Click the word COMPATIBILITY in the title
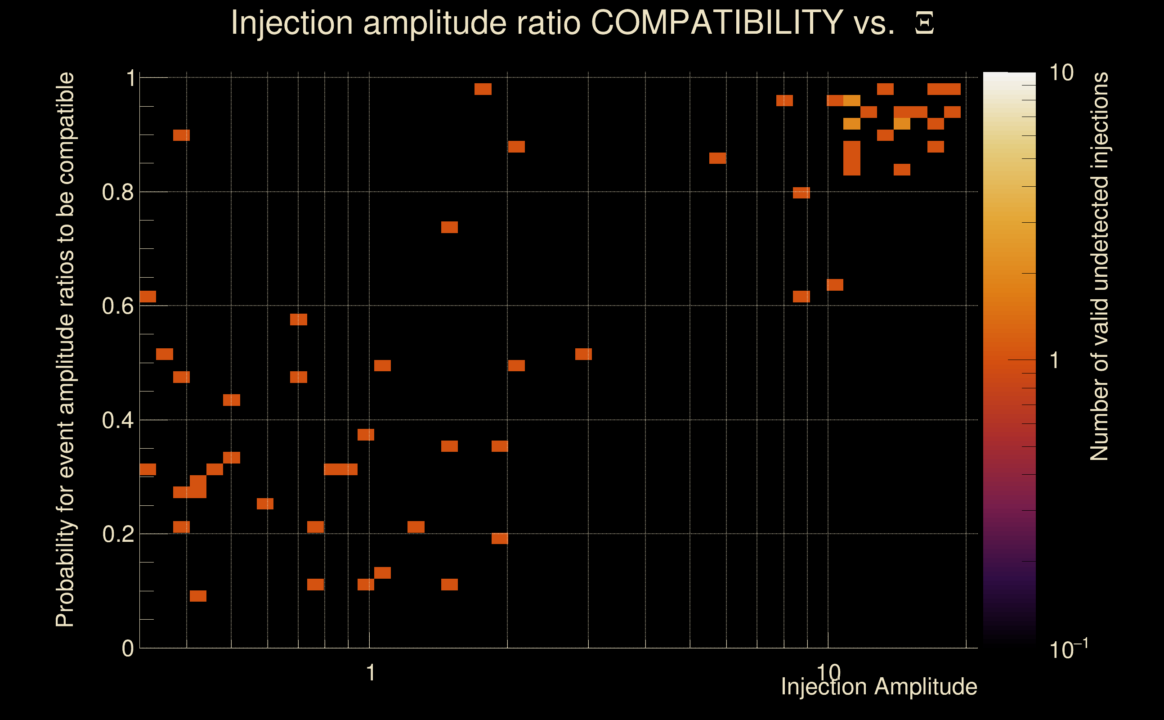716,23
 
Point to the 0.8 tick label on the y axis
117,193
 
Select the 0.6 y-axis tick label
117,306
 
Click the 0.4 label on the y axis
117,420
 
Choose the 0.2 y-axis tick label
117,534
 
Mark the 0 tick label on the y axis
128,648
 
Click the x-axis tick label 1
371,673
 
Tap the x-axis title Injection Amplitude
879,687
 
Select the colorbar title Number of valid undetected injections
1099,267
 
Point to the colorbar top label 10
1061,73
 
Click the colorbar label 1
1055,360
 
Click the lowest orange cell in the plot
198,596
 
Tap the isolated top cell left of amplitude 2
483,89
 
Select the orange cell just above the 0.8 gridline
801,193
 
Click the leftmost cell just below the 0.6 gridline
148,296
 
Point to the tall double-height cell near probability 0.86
851,158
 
